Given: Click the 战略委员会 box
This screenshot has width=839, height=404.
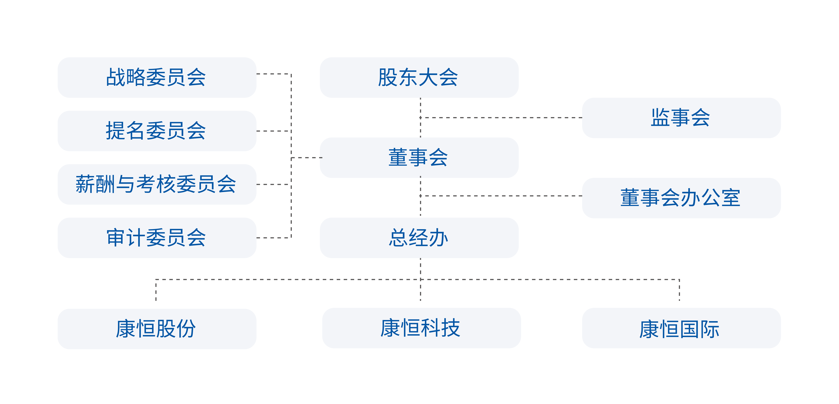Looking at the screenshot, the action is pyautogui.click(x=157, y=78).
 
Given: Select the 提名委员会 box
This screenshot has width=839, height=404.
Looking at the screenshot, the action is pyautogui.click(x=157, y=131).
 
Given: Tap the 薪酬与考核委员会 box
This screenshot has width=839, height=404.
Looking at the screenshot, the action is pyautogui.click(x=157, y=184).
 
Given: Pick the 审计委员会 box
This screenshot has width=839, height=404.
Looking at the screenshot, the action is pyautogui.click(x=157, y=238).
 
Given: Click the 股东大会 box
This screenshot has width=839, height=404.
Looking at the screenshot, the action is pyautogui.click(x=419, y=78).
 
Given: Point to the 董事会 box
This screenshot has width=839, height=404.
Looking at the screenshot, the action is pyautogui.click(x=419, y=158).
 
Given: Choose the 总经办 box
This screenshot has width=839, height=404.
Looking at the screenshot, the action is pyautogui.click(x=419, y=238).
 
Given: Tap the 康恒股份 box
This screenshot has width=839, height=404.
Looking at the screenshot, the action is pyautogui.click(x=157, y=329).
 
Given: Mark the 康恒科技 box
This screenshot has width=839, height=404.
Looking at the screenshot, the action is pyautogui.click(x=422, y=328).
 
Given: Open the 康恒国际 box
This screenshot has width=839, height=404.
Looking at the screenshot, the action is pyautogui.click(x=681, y=328).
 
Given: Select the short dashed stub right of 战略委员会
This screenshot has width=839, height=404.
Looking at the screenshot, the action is pyautogui.click(x=274, y=74).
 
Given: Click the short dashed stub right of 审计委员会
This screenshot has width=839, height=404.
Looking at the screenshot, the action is pyautogui.click(x=274, y=238).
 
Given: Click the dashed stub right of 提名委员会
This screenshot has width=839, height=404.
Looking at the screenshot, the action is pyautogui.click(x=274, y=131).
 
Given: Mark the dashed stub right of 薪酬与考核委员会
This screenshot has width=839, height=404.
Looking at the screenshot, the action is pyautogui.click(x=274, y=184).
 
